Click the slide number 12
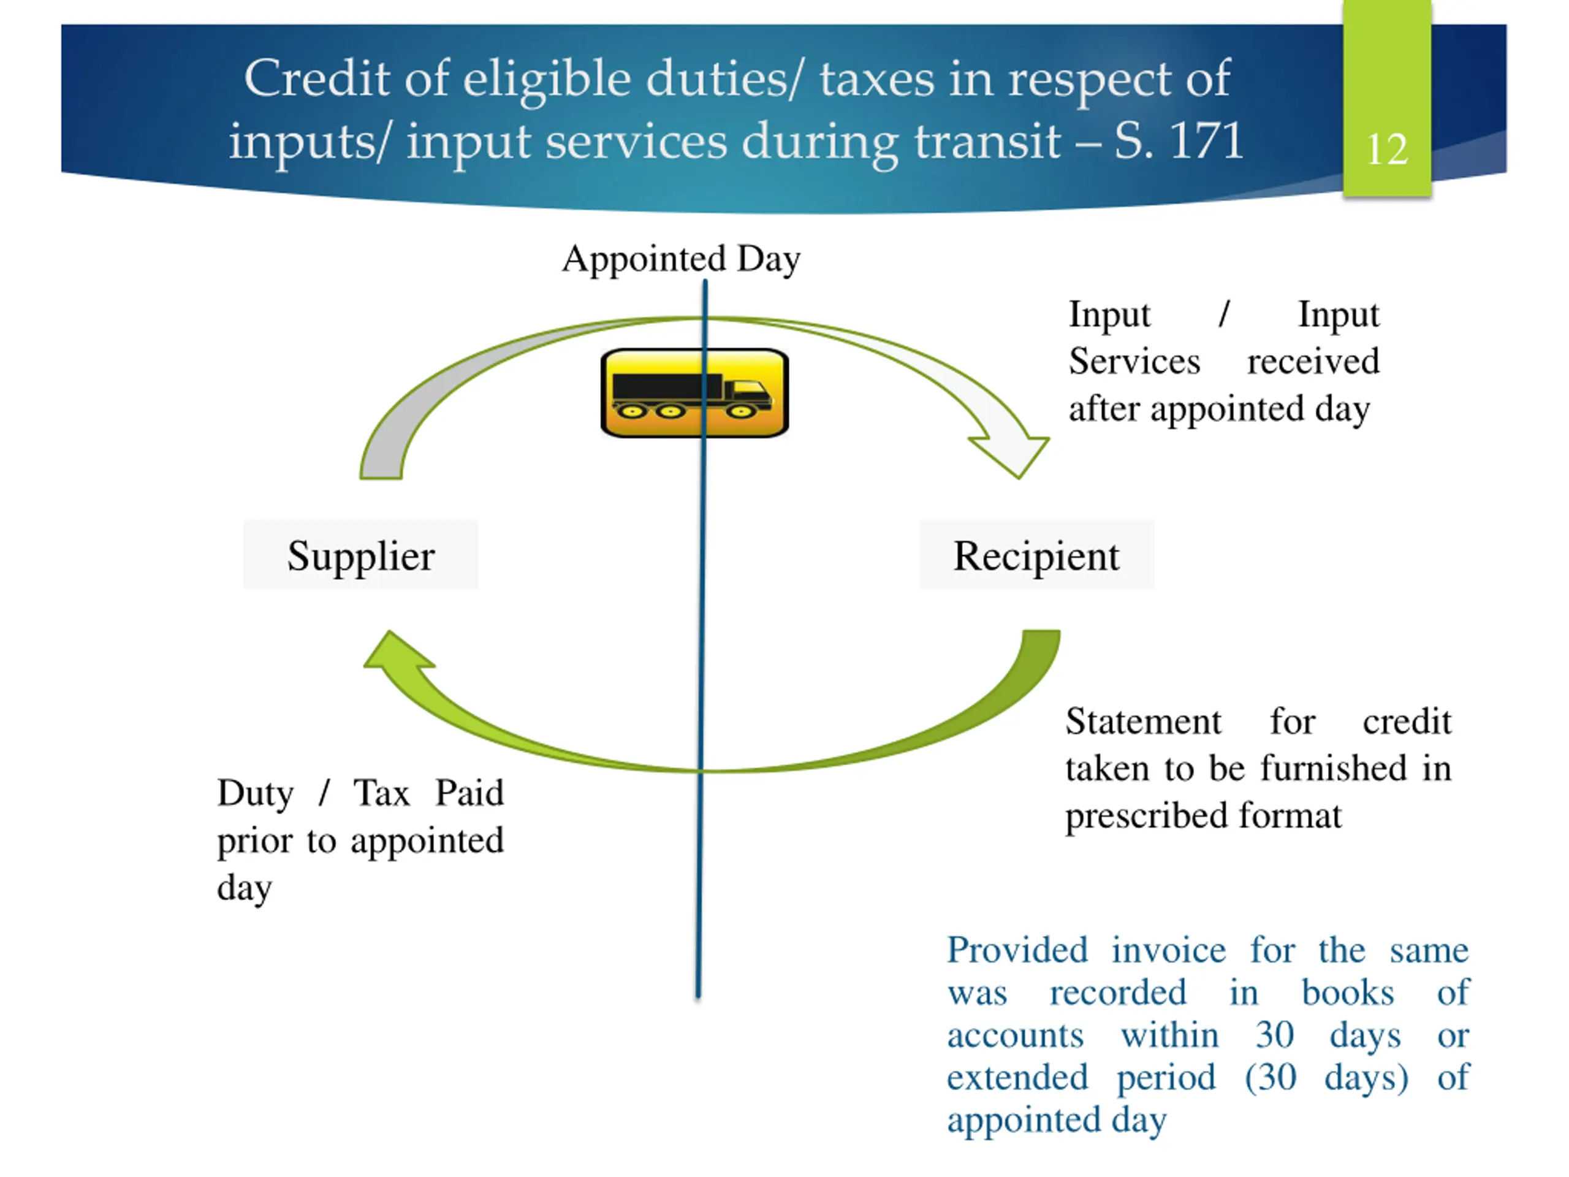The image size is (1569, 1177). [1387, 150]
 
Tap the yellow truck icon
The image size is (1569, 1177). [694, 393]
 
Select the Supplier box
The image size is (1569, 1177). [360, 555]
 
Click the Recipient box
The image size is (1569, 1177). [1036, 555]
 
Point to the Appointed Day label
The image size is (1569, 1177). [681, 258]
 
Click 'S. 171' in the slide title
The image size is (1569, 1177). [1178, 140]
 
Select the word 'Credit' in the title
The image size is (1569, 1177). [316, 78]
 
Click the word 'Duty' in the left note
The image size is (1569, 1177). [254, 793]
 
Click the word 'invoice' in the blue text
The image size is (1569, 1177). [1168, 950]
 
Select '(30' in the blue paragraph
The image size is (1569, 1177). [1271, 1078]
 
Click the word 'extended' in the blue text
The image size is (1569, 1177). [1017, 1078]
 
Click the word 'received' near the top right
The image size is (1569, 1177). [1313, 361]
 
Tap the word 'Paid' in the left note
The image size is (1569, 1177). [469, 793]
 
